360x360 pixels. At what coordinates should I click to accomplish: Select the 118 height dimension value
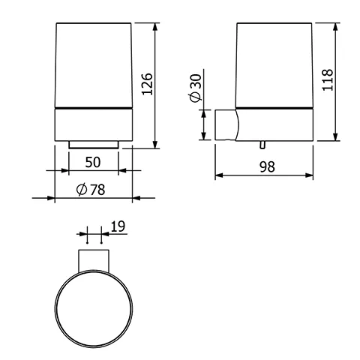326,80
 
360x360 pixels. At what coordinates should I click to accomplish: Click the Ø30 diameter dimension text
194,89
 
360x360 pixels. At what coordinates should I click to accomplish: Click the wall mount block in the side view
224,124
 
